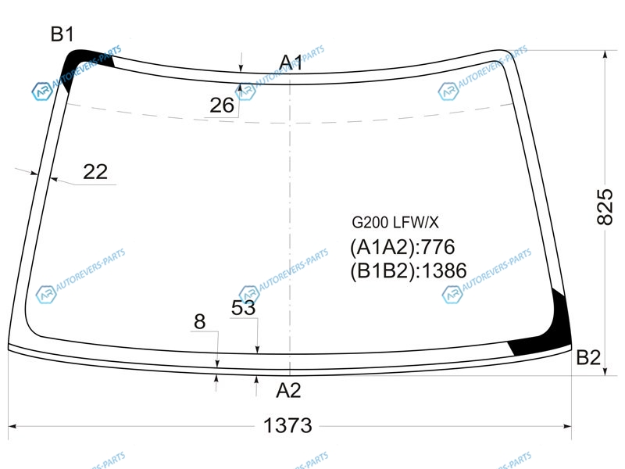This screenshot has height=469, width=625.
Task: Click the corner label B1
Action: pos(62,34)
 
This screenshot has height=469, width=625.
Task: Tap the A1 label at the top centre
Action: pos(291,63)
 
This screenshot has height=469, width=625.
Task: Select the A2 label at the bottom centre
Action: pos(288,390)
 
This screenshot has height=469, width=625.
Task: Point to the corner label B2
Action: pos(588,357)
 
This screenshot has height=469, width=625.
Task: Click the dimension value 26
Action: pos(222,106)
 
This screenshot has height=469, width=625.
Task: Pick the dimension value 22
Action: pos(95,172)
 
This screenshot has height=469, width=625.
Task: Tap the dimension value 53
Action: pos(243,307)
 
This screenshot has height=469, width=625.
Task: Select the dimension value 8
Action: pos(200,321)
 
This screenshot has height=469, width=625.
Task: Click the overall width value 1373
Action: pos(287,425)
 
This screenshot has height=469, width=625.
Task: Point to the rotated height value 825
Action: pos(605,207)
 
